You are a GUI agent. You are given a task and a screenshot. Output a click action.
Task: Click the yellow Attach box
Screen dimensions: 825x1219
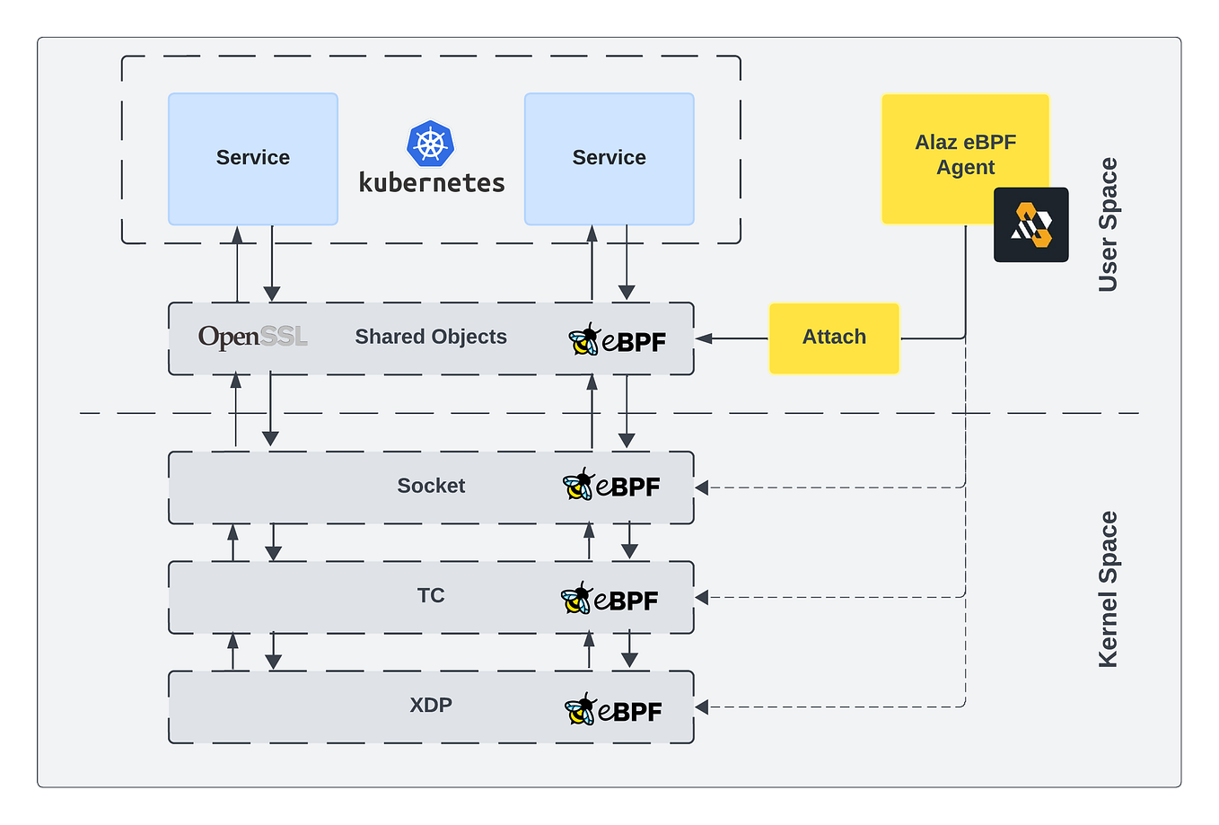[834, 338]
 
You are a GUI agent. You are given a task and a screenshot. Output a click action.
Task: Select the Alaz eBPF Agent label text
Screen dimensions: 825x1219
[965, 155]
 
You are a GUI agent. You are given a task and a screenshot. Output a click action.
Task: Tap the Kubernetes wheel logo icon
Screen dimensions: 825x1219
[431, 145]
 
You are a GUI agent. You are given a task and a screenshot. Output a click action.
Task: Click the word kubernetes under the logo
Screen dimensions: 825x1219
[432, 183]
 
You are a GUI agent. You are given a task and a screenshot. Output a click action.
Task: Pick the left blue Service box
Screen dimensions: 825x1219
[253, 158]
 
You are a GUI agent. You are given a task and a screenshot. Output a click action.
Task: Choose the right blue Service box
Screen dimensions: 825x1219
[609, 158]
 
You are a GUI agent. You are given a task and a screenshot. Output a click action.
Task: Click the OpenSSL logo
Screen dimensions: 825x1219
[253, 338]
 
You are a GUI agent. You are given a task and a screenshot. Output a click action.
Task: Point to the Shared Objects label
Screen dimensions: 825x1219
[431, 337]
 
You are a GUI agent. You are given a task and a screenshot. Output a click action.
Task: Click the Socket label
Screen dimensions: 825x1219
[431, 486]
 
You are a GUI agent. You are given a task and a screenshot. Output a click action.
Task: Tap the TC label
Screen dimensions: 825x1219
[431, 596]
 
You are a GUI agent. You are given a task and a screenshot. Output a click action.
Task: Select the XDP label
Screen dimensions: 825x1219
[431, 706]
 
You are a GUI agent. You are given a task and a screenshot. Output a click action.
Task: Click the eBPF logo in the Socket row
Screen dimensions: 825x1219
[612, 486]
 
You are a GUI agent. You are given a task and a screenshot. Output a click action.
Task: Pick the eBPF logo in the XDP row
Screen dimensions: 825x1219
[614, 710]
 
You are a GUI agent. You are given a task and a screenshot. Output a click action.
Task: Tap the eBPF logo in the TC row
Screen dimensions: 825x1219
[610, 599]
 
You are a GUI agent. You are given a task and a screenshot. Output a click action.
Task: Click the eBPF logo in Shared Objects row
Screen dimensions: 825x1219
[618, 340]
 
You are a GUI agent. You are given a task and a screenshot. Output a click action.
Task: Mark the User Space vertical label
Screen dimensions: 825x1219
[1109, 224]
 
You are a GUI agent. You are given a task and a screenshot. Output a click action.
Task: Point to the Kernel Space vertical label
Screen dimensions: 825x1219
[1109, 589]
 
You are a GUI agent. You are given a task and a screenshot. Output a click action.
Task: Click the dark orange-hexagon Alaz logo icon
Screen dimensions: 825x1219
[1030, 225]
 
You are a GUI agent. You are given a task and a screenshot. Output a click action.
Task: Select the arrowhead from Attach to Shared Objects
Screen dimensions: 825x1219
[704, 338]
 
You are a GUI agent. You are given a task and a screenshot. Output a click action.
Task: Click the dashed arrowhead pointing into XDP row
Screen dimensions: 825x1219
[703, 707]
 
